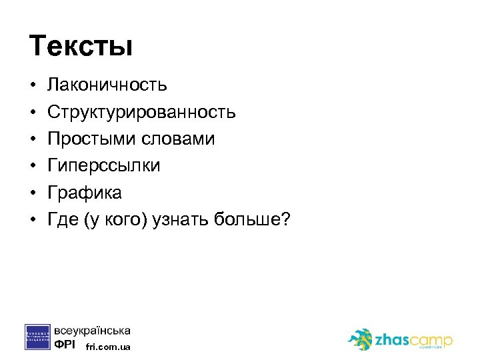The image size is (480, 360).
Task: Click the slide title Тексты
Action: (x=81, y=47)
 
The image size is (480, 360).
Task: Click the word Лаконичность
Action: (x=107, y=85)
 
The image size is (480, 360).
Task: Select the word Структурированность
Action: (x=141, y=112)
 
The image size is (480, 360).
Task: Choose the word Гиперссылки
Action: (x=103, y=166)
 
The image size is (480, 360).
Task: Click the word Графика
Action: (x=84, y=193)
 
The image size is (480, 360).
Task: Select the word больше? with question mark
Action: (x=253, y=220)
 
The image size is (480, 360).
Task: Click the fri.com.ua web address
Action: (x=109, y=347)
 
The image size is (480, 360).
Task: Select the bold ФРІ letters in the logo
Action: (x=65, y=345)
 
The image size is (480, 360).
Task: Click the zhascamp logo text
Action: (x=413, y=339)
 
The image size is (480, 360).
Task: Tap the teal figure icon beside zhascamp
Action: (x=361, y=339)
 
